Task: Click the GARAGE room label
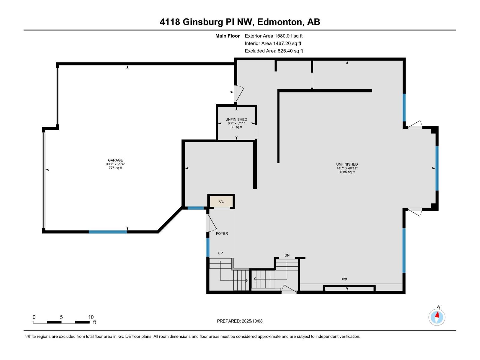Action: coord(115,160)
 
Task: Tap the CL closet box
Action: coord(221,201)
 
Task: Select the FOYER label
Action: coord(222,233)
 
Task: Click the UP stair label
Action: coord(220,253)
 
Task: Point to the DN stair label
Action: coord(287,255)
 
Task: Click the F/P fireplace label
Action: coord(344,280)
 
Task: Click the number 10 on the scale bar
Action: coord(91,317)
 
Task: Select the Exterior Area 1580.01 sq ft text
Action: coord(274,36)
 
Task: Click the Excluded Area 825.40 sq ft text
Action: coord(274,51)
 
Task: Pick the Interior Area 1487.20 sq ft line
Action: coord(273,43)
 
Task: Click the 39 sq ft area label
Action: coord(236,127)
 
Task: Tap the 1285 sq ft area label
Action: coord(347,172)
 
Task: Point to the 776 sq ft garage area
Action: coord(115,168)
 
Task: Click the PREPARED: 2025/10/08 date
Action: coord(240,321)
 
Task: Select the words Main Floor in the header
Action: coord(227,36)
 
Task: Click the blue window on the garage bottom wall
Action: coord(108,232)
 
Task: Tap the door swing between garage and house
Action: coord(239,94)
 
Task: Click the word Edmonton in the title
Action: coord(279,22)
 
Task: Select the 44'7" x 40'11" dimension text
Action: coord(347,168)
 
